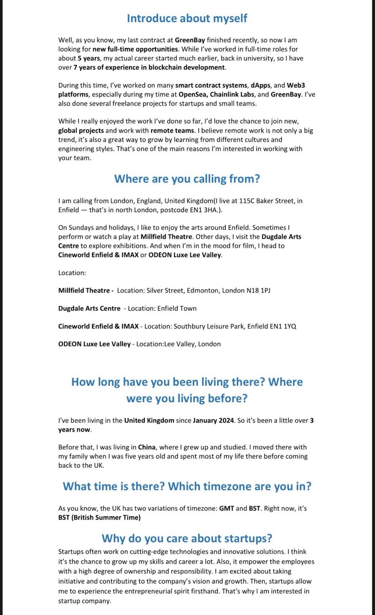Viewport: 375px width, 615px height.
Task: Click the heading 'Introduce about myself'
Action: (x=187, y=18)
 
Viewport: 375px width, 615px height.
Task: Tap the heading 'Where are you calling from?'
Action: (x=187, y=179)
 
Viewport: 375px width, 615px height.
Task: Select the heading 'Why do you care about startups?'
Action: (x=187, y=538)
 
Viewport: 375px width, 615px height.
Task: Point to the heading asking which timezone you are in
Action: (x=187, y=486)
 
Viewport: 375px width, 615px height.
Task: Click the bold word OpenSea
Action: (x=193, y=95)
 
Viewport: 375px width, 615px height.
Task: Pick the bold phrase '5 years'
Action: (x=89, y=58)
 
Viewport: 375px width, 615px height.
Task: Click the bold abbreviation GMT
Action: (x=226, y=509)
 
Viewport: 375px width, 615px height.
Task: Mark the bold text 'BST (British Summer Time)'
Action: (x=99, y=518)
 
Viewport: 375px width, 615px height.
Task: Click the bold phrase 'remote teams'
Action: (x=172, y=131)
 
